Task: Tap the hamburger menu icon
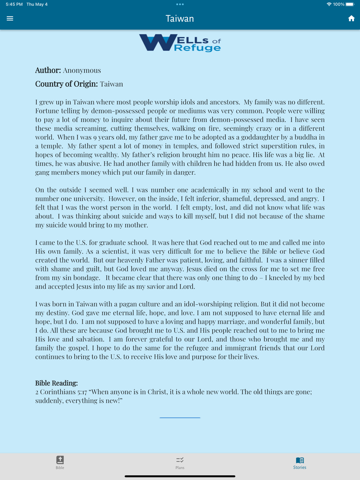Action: pyautogui.click(x=10, y=18)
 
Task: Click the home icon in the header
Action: pyautogui.click(x=351, y=18)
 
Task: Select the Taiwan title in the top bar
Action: pyautogui.click(x=180, y=19)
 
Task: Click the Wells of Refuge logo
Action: pyautogui.click(x=180, y=43)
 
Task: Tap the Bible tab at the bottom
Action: pyautogui.click(x=60, y=462)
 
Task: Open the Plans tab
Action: pyautogui.click(x=180, y=462)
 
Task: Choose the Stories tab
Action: pyautogui.click(x=300, y=462)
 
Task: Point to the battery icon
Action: pyautogui.click(x=350, y=4)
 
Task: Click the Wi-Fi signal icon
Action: pyautogui.click(x=329, y=4)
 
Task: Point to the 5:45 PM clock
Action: pyautogui.click(x=14, y=4)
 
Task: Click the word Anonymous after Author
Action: pyautogui.click(x=82, y=70)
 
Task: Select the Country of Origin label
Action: pyautogui.click(x=66, y=84)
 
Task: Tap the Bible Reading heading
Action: pyautogui.click(x=57, y=383)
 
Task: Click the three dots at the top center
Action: pyautogui.click(x=180, y=4)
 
